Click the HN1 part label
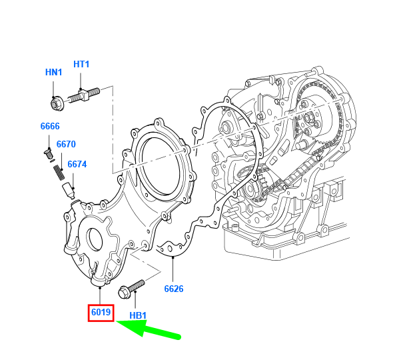[x=53, y=71]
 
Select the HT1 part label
[x=81, y=64]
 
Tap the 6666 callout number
[x=49, y=127]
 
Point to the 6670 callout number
[x=66, y=144]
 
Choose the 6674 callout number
[x=77, y=164]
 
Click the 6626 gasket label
[x=174, y=289]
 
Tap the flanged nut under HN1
[x=55, y=103]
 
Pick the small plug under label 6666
[x=48, y=155]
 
